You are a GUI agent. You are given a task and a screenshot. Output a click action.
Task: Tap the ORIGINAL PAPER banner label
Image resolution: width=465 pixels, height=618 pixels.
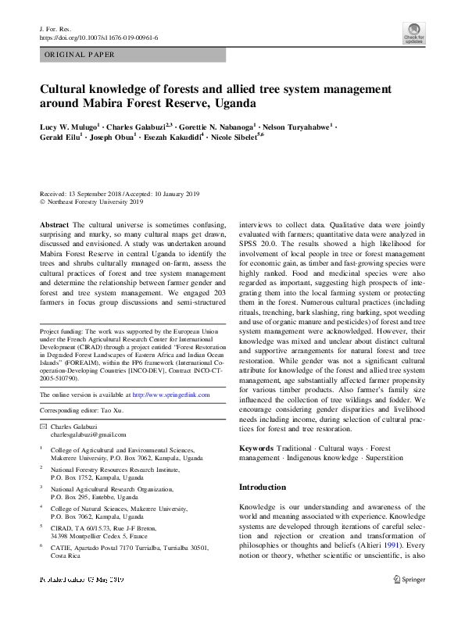coord(80,55)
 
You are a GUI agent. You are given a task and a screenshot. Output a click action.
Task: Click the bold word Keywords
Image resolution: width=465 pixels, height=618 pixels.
coord(256,448)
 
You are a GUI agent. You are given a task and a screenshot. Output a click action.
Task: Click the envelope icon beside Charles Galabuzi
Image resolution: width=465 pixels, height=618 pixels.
coord(43,427)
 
